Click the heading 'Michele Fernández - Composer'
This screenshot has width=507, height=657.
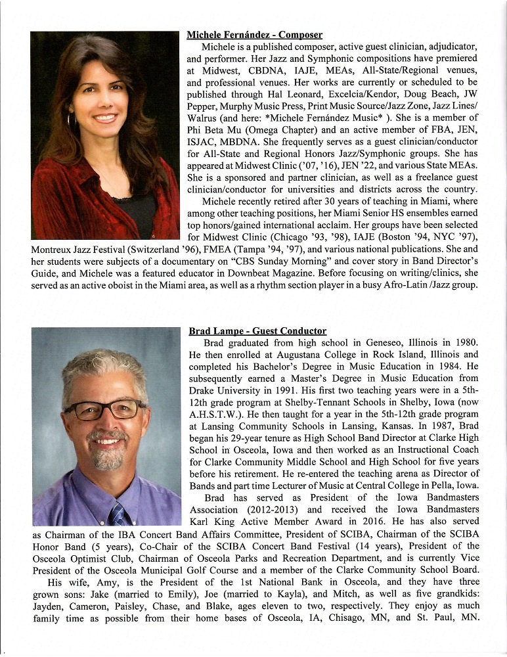[254, 34]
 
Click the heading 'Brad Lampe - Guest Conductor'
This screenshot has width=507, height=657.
[257, 330]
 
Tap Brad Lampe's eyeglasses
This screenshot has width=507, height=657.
[104, 410]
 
